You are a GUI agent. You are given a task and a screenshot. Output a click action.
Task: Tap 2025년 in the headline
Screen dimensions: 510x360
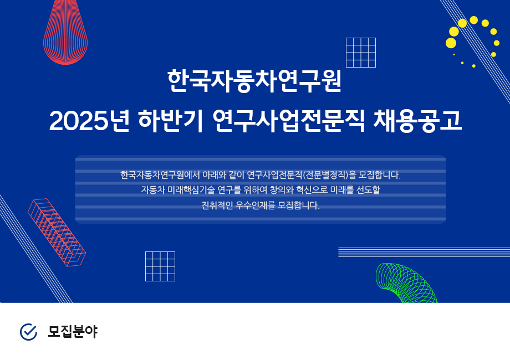tap(89, 121)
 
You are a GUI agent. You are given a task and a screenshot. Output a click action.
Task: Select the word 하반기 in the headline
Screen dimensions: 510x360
tap(170, 121)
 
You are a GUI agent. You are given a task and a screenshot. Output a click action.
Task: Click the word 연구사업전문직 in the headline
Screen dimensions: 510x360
tap(288, 121)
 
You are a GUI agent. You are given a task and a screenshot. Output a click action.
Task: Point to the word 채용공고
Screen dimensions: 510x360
tap(417, 121)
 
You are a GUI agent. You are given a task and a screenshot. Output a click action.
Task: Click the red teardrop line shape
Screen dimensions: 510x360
tap(65, 33)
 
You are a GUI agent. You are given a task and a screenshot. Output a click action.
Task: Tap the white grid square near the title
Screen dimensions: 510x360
tap(361, 53)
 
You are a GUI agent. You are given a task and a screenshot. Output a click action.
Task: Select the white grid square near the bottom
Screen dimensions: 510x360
tap(160, 266)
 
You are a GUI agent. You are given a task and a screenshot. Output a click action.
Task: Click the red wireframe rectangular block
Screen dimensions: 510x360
tap(57, 232)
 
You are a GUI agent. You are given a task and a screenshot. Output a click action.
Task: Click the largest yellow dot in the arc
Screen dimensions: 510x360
tap(451, 43)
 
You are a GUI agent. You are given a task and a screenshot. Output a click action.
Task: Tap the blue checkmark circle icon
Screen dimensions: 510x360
tap(29, 332)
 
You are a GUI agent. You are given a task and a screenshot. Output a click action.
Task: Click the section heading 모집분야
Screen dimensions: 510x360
tap(73, 332)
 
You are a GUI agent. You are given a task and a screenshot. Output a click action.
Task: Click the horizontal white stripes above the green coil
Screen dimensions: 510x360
tap(424, 252)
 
